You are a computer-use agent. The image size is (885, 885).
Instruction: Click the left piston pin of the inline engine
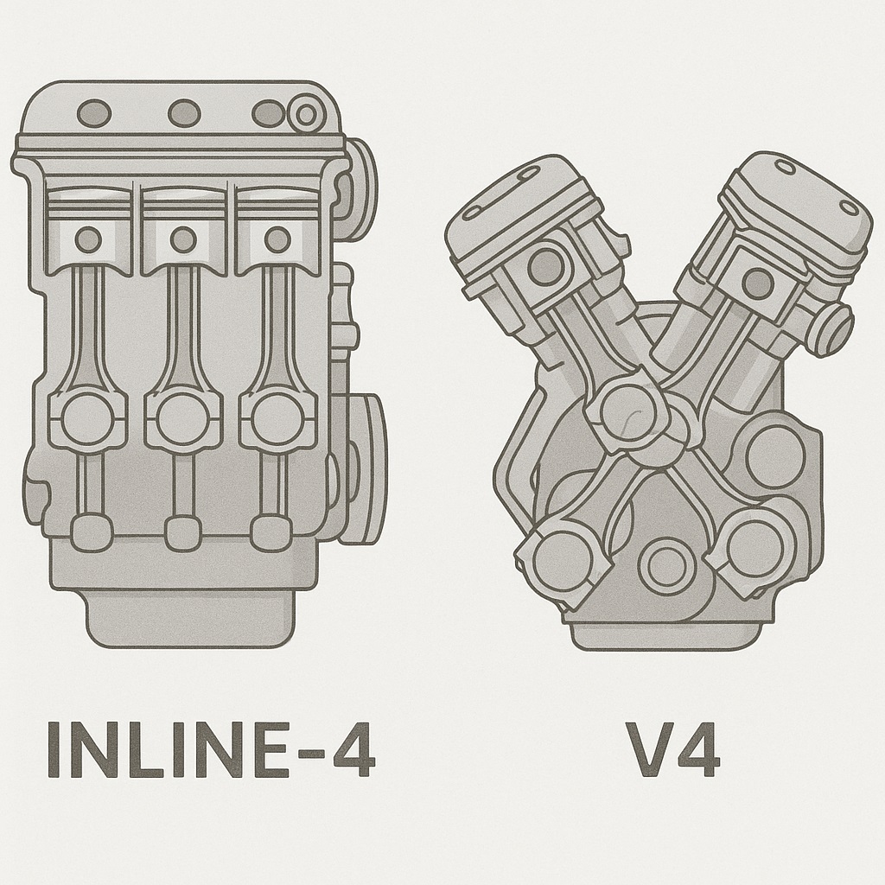[88, 240]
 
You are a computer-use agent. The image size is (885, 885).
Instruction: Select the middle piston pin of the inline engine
[183, 240]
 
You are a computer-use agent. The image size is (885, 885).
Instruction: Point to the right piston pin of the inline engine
[277, 240]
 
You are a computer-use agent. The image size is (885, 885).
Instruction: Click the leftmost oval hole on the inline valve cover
[93, 113]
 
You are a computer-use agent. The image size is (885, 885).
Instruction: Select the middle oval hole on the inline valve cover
[184, 113]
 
